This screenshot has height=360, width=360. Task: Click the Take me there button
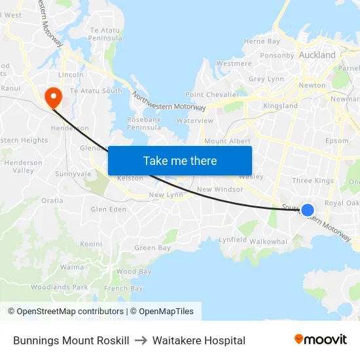[180, 160]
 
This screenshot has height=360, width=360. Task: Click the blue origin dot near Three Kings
[307, 210]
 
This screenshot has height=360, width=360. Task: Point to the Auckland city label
[317, 55]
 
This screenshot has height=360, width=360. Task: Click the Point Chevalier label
[212, 95]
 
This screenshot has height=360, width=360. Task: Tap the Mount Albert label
[224, 141]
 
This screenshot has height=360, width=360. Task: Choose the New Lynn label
[166, 195]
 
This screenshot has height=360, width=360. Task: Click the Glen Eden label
[109, 209]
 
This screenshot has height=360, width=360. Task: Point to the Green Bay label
[153, 248]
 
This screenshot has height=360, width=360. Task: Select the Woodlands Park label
[59, 287]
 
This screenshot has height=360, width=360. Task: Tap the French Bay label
[123, 289]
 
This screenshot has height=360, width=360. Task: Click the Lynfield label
[233, 240]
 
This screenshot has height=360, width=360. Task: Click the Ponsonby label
[277, 56]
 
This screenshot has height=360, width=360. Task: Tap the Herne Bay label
[262, 41]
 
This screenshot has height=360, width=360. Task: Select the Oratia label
[52, 200]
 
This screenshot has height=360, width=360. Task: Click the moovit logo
[321, 340]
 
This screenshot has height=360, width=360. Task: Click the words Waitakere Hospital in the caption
[199, 340]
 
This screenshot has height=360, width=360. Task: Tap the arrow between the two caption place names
[141, 340]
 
